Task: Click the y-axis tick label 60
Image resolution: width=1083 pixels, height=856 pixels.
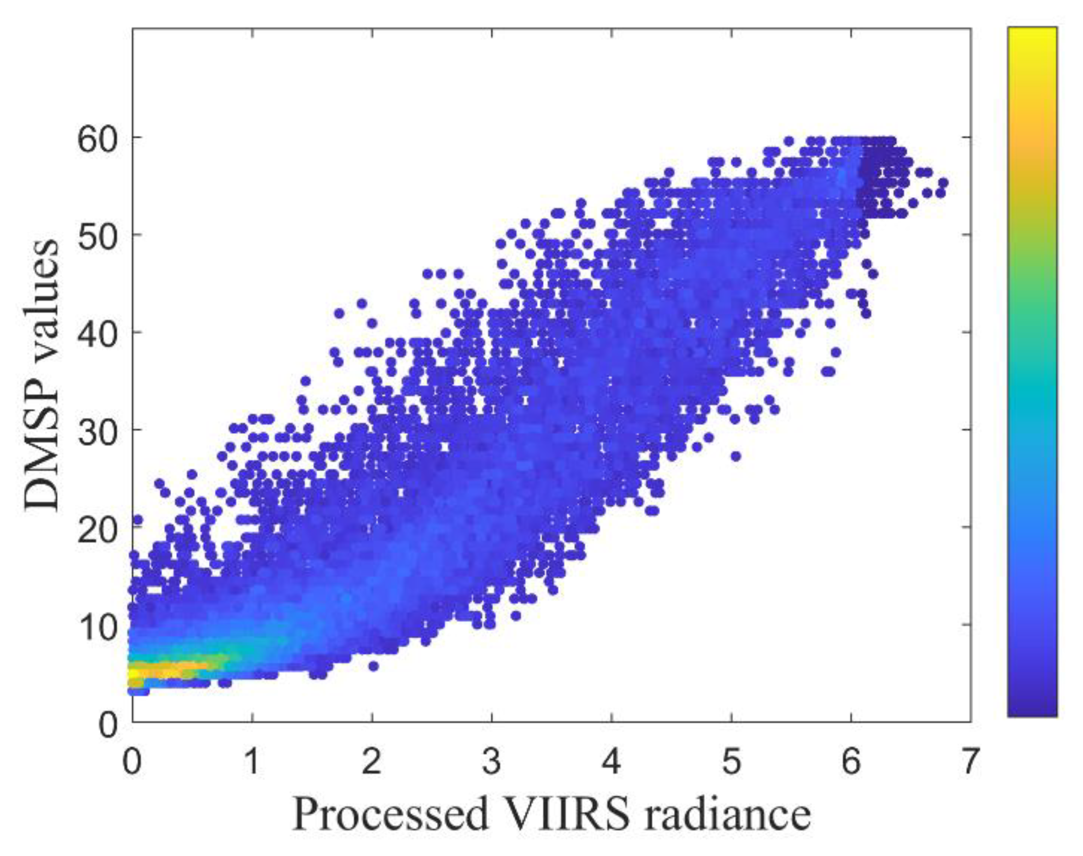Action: click(x=97, y=140)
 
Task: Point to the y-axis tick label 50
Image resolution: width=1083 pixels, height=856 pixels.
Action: click(x=97, y=237)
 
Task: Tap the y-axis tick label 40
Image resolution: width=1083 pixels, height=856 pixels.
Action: click(x=97, y=334)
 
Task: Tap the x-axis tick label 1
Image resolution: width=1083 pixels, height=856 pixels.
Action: click(x=251, y=761)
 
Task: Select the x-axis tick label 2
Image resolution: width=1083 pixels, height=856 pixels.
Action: click(x=371, y=761)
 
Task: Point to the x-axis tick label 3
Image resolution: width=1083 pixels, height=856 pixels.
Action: click(x=491, y=761)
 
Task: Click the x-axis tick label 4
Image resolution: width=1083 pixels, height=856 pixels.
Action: click(x=611, y=761)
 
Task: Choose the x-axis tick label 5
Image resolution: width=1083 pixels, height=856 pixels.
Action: click(x=731, y=761)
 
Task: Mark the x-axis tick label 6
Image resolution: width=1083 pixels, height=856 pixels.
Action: click(x=851, y=761)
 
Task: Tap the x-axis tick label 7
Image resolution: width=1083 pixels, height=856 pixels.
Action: click(x=970, y=761)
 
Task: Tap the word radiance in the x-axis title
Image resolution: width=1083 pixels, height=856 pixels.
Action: click(x=727, y=814)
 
